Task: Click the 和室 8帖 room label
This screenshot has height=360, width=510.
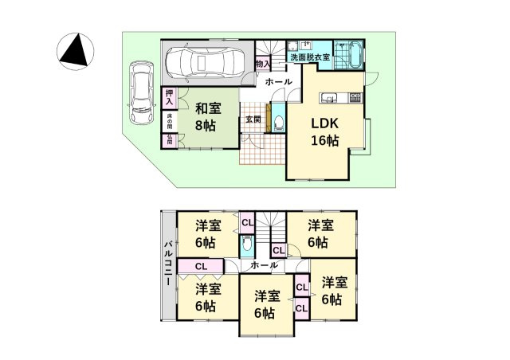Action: click(208, 118)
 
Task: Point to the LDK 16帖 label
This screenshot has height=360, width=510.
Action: click(324, 132)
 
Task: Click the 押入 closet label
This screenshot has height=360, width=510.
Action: click(170, 96)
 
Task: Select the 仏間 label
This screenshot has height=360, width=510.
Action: click(170, 140)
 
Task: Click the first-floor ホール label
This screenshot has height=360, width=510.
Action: click(278, 82)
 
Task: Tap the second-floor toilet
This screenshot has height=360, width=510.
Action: click(247, 244)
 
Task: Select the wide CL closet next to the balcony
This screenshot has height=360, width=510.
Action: click(201, 266)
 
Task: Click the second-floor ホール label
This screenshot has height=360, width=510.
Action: click(264, 264)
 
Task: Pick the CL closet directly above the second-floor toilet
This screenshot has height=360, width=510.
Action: click(247, 222)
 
